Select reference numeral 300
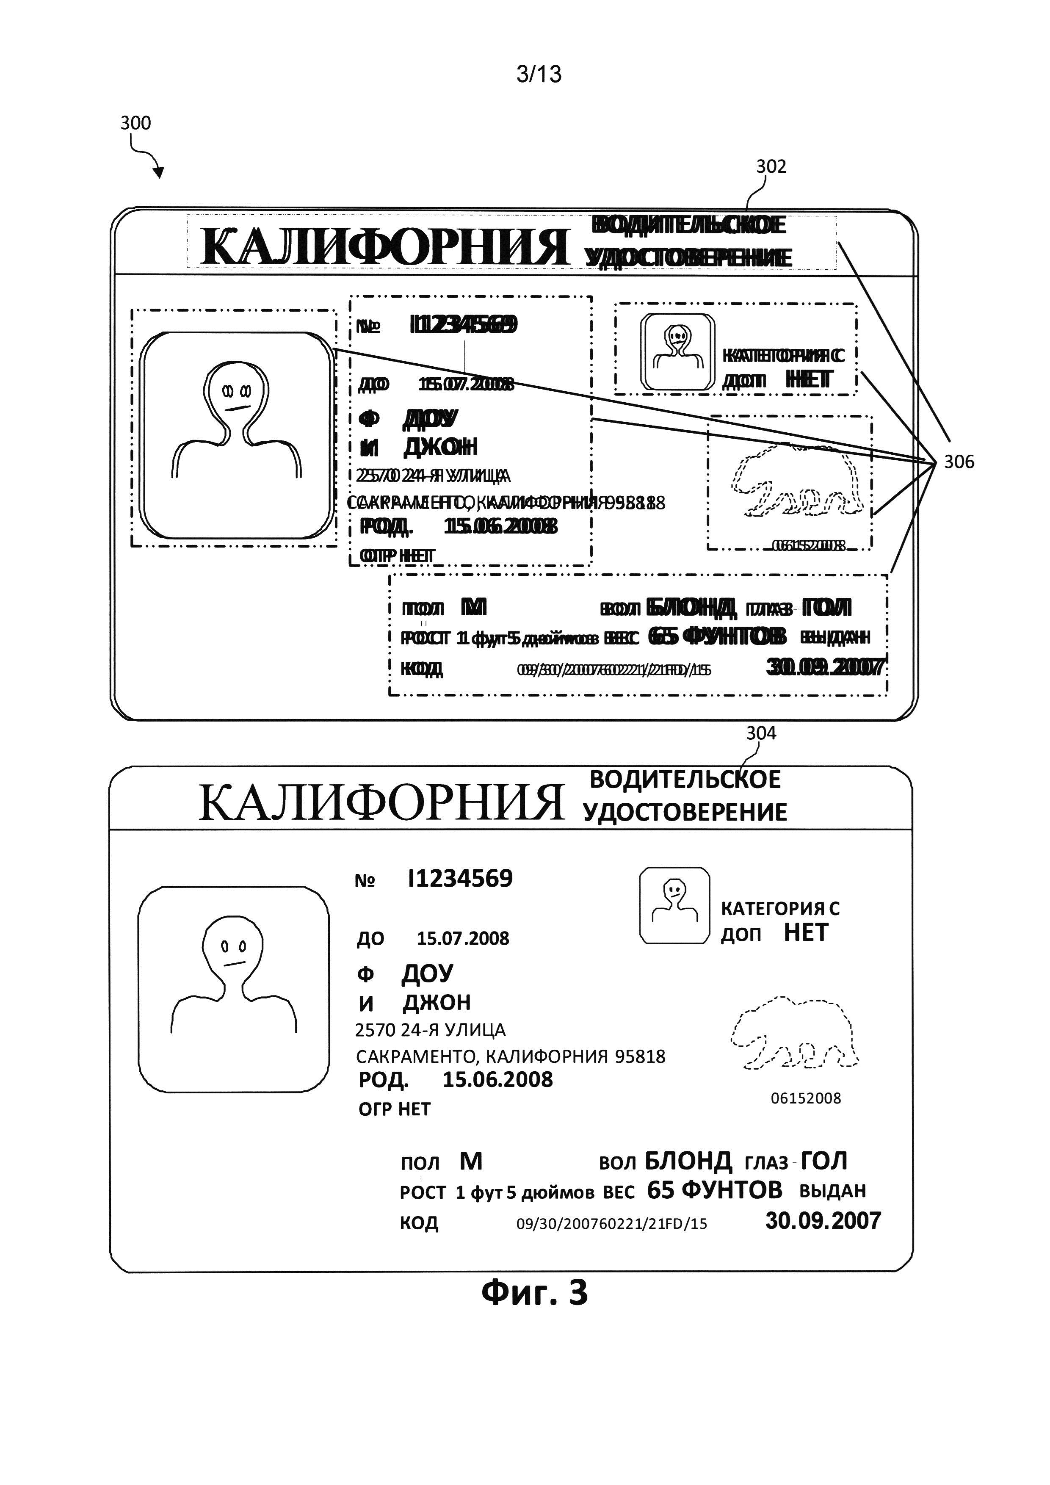[135, 123]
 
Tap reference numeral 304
[760, 733]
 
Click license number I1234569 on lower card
[460, 878]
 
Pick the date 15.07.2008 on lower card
[462, 938]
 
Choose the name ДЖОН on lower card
[437, 1003]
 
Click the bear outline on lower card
[794, 1033]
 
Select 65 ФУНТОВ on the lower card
[714, 1190]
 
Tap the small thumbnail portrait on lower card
[674, 905]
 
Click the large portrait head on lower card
[233, 948]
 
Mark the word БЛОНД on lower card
[688, 1161]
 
